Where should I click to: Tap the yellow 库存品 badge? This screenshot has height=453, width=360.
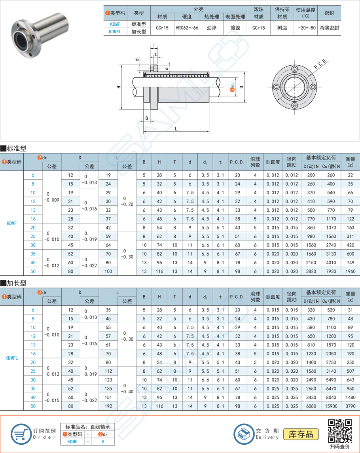301,434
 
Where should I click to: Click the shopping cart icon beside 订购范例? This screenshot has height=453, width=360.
21,434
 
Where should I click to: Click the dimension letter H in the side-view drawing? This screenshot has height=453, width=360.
119,87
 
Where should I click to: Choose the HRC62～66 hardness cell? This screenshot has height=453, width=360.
187,28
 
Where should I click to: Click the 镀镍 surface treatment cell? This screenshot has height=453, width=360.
235,28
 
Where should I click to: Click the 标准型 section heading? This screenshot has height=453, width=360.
14,148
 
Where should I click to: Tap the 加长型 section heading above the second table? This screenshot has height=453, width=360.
14,283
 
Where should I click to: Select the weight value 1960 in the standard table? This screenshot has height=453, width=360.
350,271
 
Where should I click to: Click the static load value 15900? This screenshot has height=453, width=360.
329,406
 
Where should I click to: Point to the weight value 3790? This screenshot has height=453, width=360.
350,406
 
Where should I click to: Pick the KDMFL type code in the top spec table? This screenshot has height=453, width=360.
115,32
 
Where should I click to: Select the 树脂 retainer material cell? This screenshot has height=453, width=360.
282,28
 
